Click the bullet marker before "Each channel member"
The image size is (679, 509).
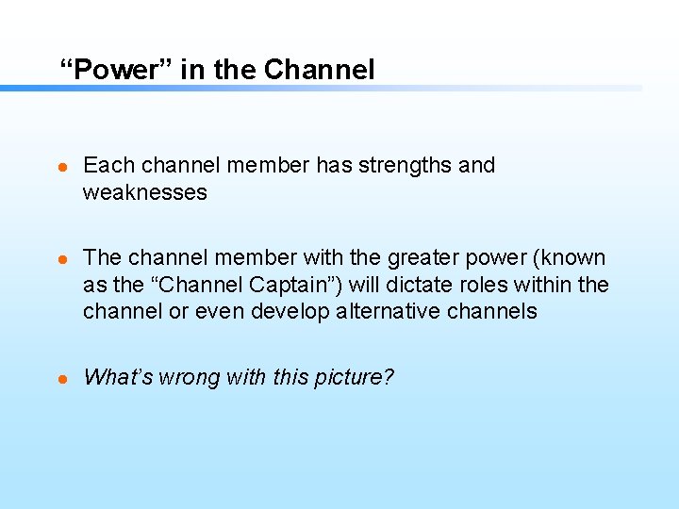coord(63,166)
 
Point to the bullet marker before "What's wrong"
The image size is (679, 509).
coord(63,378)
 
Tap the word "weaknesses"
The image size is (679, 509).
coord(143,192)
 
